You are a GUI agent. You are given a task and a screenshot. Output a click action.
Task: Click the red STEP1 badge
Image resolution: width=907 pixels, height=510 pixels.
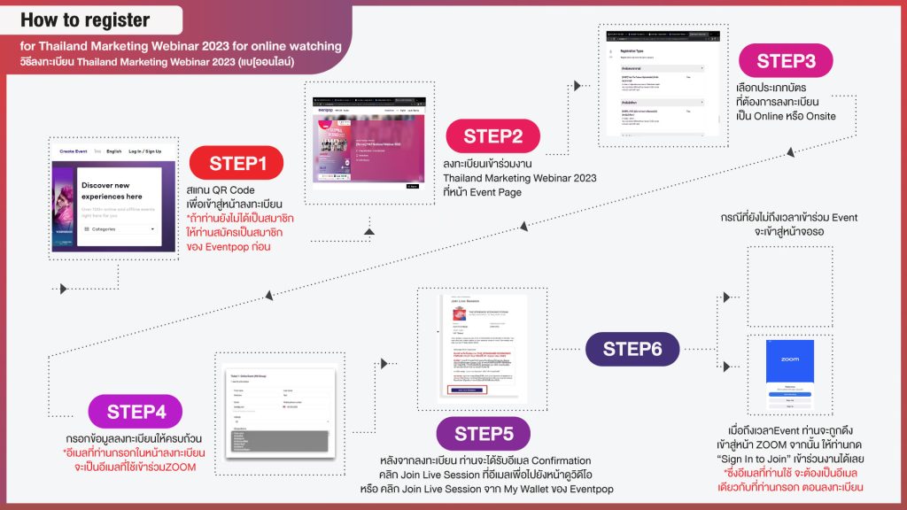point(237,163)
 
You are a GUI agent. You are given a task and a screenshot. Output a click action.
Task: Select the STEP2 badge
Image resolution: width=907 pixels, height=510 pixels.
point(494,136)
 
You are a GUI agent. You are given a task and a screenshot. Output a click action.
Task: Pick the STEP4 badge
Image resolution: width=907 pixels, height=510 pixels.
point(136,412)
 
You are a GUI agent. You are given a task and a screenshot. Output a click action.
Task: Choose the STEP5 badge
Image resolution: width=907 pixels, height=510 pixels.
point(484,433)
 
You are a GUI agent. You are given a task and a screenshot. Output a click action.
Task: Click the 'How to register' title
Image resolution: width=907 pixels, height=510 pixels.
point(85,19)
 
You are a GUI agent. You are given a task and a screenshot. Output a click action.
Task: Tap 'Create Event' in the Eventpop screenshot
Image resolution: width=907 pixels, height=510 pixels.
point(74,151)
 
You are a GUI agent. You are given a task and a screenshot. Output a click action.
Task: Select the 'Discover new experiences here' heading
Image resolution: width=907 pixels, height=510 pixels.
point(111,190)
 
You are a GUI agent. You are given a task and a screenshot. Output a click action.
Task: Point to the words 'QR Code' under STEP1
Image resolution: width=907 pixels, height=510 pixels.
point(235,190)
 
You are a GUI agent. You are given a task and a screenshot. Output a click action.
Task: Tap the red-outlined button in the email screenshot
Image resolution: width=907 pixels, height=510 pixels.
point(467,389)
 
